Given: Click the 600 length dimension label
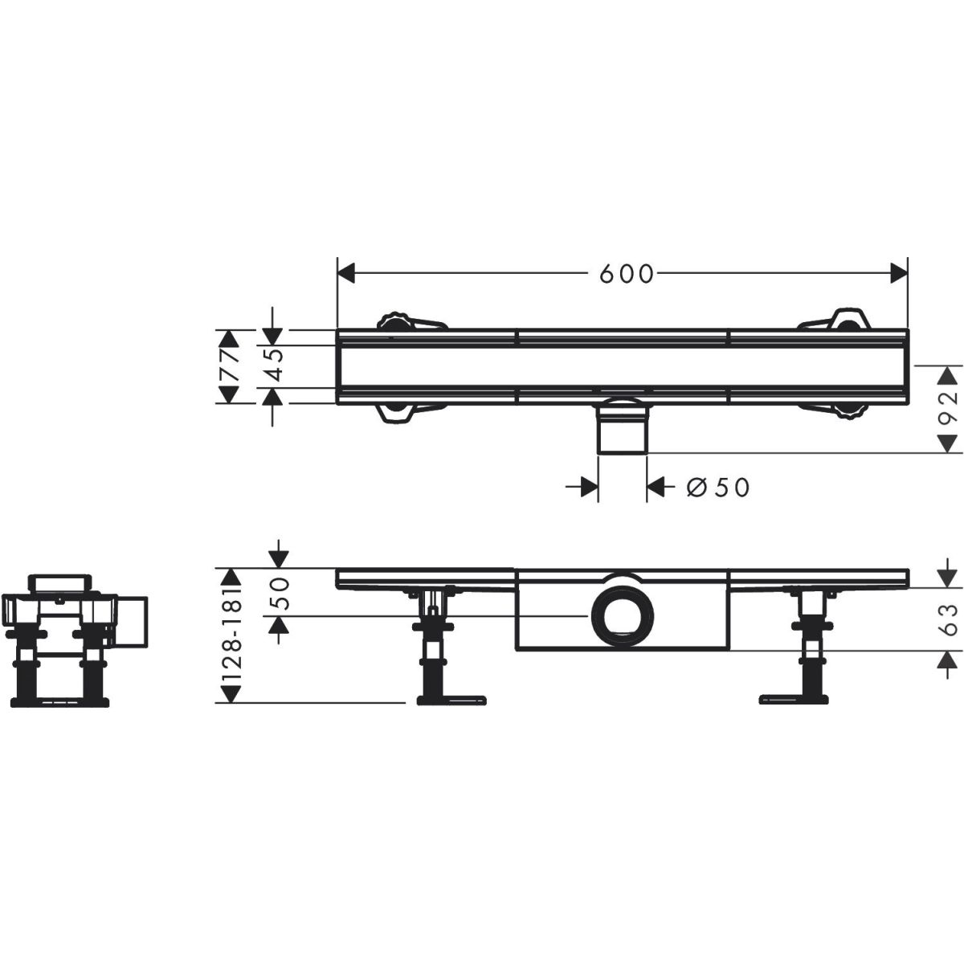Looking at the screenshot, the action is [x=627, y=274].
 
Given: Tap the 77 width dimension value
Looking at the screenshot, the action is [x=230, y=366].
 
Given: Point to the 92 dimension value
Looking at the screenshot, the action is [x=948, y=410].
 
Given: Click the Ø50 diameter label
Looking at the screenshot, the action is [x=718, y=488].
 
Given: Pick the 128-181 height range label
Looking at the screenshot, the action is [x=231, y=635].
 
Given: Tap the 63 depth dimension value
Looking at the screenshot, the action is [x=948, y=619].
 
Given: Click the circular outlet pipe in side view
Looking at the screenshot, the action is [x=623, y=616].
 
